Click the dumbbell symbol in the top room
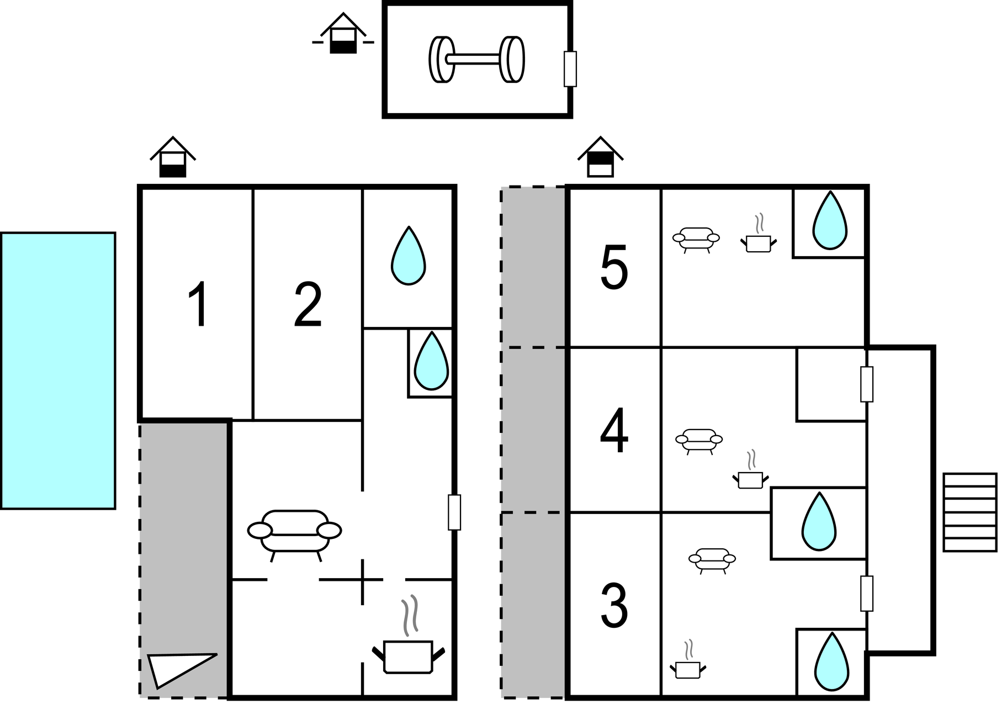tap(476, 60)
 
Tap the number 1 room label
tap(198, 304)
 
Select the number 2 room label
tap(308, 305)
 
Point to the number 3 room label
tap(614, 606)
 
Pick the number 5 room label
tap(614, 269)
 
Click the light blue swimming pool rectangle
tap(58, 370)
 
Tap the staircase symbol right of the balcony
tap(970, 512)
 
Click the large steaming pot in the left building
tap(408, 650)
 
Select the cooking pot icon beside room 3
tap(688, 665)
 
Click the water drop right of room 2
tap(408, 257)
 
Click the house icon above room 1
tap(173, 158)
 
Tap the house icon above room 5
tap(601, 158)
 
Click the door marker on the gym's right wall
tap(570, 69)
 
